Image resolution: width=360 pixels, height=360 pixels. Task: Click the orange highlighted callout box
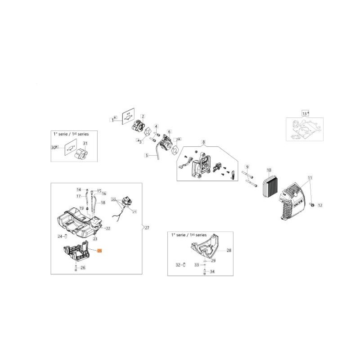point(100,250)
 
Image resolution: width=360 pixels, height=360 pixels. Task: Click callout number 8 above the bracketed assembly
point(203,142)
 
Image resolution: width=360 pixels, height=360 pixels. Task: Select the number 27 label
point(147,229)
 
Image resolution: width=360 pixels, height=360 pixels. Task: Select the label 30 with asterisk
point(55,147)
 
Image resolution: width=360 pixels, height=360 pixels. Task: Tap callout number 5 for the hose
point(146,155)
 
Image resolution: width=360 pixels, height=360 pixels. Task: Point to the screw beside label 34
point(205,271)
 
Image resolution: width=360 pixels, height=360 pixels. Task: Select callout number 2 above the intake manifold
point(143,116)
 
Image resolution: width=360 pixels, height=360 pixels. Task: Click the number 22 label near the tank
point(108,229)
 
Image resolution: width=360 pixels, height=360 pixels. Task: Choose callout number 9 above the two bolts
point(247,167)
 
